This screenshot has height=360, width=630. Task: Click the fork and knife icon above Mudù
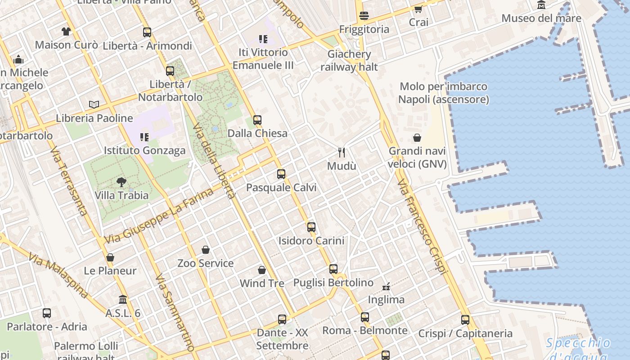(342, 153)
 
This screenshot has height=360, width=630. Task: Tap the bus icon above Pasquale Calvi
(281, 174)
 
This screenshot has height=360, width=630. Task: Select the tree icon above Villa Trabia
(121, 182)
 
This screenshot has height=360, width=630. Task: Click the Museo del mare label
(541, 18)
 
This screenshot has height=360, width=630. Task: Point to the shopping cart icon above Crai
(418, 9)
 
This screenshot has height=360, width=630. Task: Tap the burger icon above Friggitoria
(364, 16)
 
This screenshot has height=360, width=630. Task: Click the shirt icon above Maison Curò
(66, 31)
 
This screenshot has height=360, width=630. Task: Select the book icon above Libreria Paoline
(94, 105)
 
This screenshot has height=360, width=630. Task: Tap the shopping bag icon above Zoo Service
(206, 250)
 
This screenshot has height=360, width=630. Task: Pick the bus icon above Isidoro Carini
(311, 227)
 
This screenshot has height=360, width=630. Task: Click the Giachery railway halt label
(349, 61)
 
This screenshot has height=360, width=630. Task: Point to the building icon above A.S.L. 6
(123, 300)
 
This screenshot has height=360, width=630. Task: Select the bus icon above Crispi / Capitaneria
(465, 320)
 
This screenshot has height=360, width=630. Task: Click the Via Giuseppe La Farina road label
(159, 216)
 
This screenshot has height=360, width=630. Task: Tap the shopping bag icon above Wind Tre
(262, 270)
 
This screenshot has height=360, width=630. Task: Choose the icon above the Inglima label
(386, 286)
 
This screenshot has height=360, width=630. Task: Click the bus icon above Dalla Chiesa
(257, 120)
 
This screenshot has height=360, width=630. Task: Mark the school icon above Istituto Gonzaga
(144, 137)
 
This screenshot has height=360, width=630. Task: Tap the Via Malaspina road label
(58, 275)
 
